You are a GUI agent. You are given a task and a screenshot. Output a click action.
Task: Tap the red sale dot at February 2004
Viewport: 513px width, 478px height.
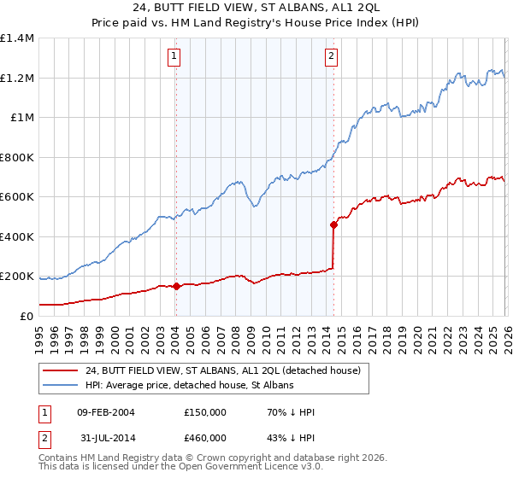[176, 286]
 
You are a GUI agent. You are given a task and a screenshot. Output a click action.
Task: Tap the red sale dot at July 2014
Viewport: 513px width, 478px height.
[333, 225]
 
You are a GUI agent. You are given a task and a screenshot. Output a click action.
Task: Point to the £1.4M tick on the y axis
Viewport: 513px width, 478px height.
[17, 38]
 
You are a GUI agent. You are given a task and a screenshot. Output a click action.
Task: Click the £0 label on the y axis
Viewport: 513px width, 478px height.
[26, 316]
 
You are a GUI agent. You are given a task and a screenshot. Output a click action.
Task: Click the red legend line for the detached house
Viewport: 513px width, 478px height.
[62, 370]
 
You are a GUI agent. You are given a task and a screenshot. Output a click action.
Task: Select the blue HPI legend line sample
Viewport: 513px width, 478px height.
[62, 385]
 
